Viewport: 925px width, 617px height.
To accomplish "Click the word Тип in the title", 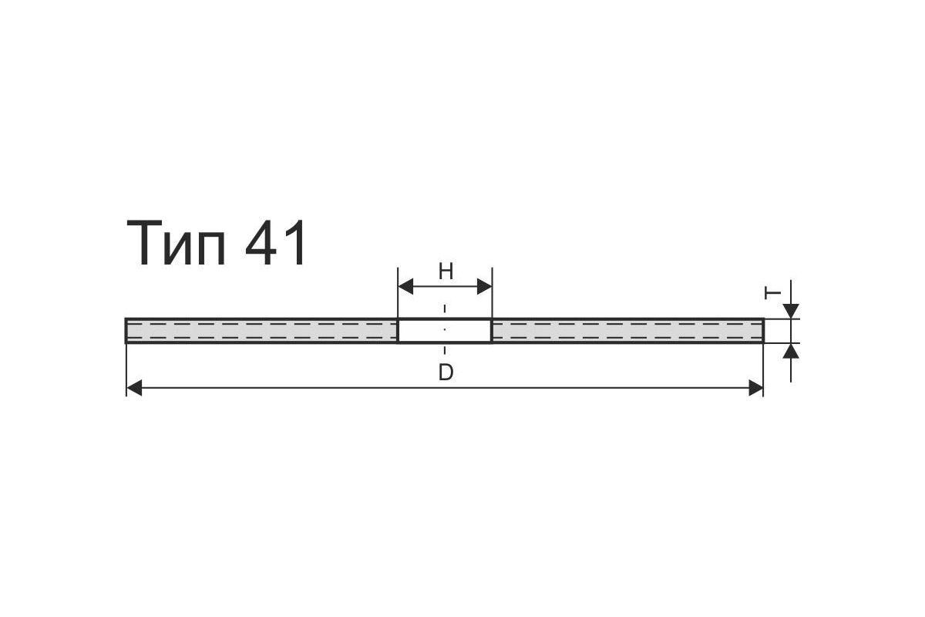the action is [x=177, y=243].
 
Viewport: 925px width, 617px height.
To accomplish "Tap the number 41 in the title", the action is [x=275, y=243].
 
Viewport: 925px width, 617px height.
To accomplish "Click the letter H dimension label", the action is [x=446, y=272].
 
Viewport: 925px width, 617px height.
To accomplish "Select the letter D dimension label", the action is [x=446, y=373].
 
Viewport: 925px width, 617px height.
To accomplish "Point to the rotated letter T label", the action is [x=772, y=293].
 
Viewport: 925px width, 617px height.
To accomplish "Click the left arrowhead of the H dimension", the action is [x=406, y=286].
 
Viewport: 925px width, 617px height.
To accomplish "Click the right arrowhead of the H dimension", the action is [x=484, y=286].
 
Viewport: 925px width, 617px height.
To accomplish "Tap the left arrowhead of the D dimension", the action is [x=134, y=388].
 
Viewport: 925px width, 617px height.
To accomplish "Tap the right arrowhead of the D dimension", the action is [x=755, y=388].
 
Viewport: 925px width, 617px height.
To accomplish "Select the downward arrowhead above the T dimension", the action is [x=791, y=311].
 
